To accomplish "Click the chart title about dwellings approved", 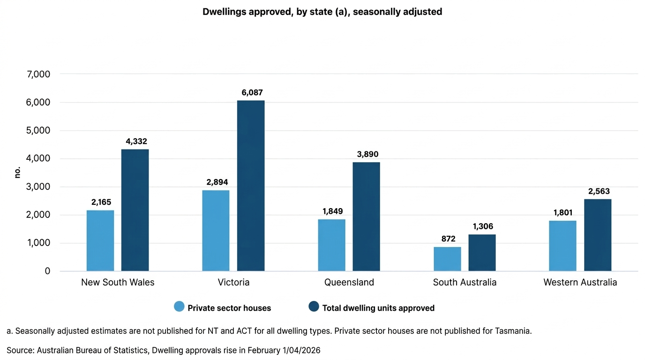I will coord(322,12).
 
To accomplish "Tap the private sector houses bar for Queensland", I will coord(331,245).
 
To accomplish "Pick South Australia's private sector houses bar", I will coord(447,259).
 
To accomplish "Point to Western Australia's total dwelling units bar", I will coord(598,235).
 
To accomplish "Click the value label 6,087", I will coord(252,93).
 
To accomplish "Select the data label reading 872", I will coord(448,239).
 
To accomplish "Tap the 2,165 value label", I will coord(101,202).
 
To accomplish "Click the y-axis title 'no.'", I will coord(17,172).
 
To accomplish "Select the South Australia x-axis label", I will coord(465,282).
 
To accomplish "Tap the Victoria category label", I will coord(233,282).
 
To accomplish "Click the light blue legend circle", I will coord(180,307).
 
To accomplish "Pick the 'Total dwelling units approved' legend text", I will coord(378,308).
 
